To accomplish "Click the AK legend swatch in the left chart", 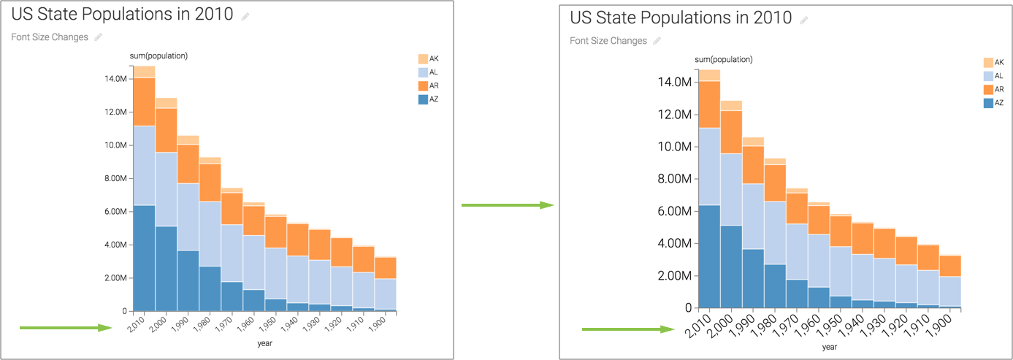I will coord(423,58).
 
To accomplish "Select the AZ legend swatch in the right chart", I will coord(988,104).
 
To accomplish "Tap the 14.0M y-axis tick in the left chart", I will coord(117,79).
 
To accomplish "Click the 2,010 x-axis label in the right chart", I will coord(698,326).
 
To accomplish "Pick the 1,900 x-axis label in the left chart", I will coord(379,326).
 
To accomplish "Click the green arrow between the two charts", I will coord(508,205).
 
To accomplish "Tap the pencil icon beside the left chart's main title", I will coord(245,16).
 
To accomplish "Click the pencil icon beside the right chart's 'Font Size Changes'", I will coord(657,41).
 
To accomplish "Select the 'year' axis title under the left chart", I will coord(265,342).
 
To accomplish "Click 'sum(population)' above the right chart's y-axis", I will coord(723,59).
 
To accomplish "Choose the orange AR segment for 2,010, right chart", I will coord(709,104).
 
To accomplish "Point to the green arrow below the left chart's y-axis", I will coord(65,328).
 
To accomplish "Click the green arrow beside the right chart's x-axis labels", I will coord(627,329).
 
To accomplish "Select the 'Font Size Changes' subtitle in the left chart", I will coord(50,37).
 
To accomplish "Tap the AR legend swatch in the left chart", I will coord(423,86).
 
